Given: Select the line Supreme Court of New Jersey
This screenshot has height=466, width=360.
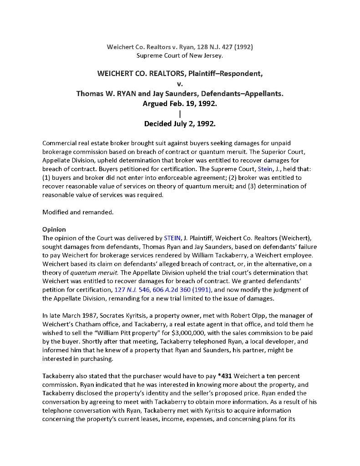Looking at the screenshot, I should point(180,56).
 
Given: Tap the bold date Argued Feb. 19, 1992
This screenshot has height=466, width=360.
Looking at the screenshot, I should point(180,104).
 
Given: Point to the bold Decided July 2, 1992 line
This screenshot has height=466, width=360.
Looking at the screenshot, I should point(180,123).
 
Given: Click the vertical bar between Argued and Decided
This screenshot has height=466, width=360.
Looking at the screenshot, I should point(180,114).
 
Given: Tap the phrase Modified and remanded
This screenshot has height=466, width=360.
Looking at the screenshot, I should point(78,212).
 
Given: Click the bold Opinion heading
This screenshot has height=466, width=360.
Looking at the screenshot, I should point(54,229).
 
